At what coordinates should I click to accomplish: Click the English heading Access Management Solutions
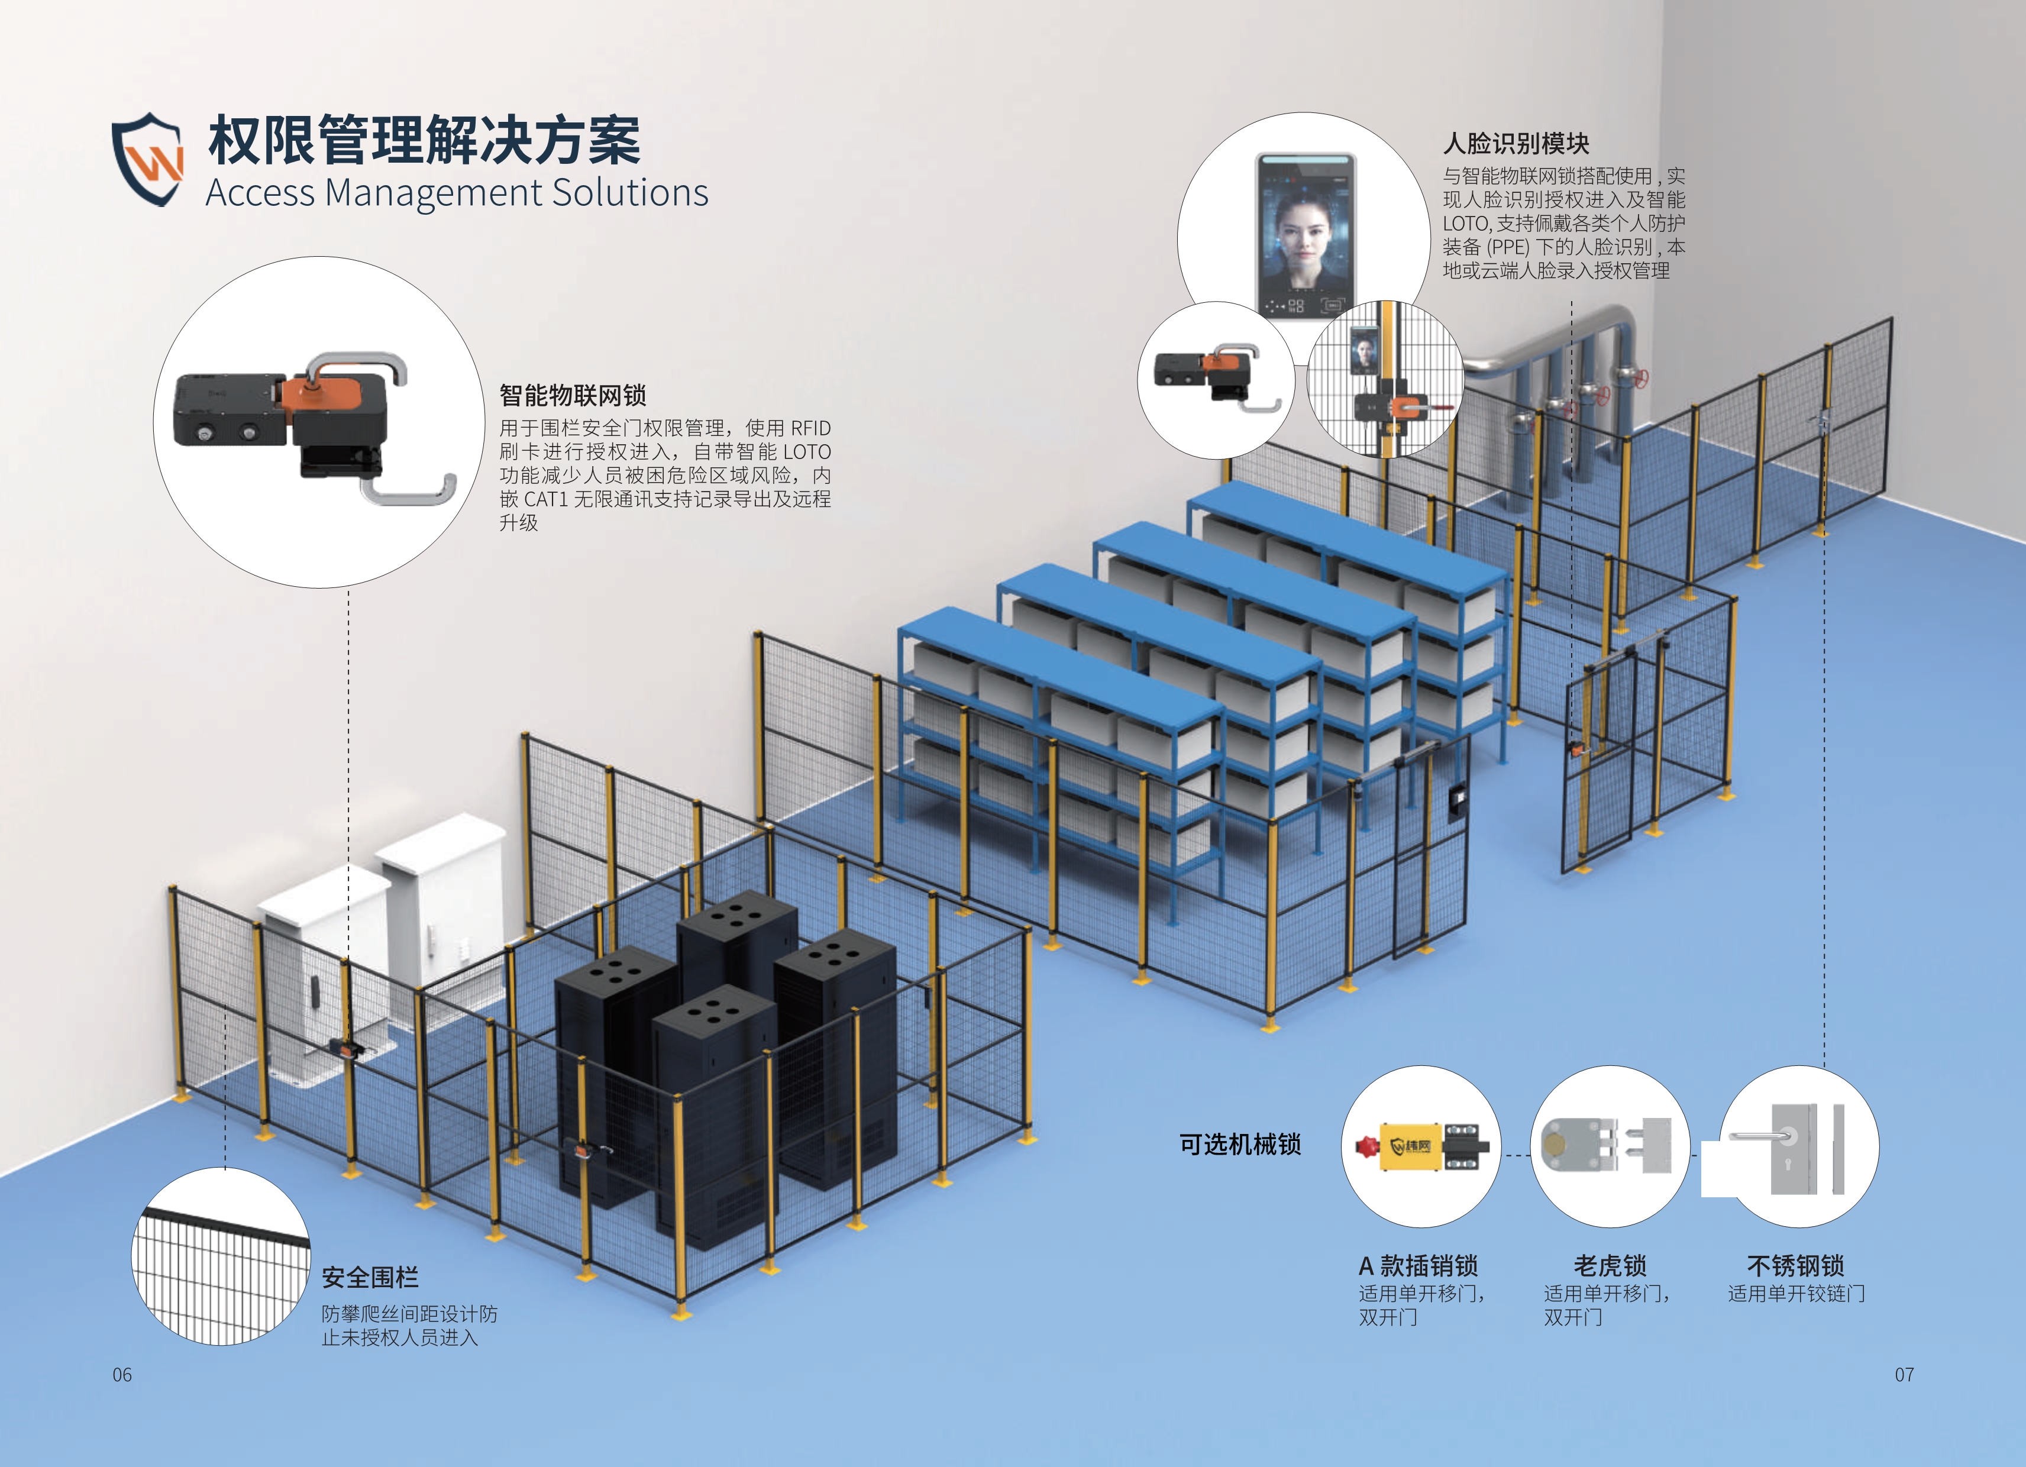pyautogui.click(x=457, y=193)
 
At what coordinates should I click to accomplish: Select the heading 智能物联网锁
pyautogui.click(x=573, y=395)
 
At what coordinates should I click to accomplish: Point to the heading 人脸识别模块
pyautogui.click(x=1516, y=143)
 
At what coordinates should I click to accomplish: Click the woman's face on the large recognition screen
pyautogui.click(x=1306, y=232)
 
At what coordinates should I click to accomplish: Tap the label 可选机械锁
pyautogui.click(x=1240, y=1145)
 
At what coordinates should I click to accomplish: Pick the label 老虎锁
pyautogui.click(x=1610, y=1266)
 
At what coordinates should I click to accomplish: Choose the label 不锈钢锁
pyautogui.click(x=1795, y=1266)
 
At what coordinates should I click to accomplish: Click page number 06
pyautogui.click(x=122, y=1375)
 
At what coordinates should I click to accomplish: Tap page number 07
pyautogui.click(x=1905, y=1375)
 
